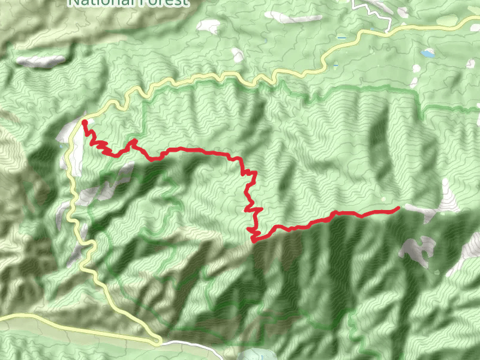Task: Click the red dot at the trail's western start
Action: click(85, 122)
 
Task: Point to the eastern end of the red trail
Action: click(398, 208)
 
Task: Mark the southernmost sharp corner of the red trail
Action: click(254, 240)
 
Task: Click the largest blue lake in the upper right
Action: click(428, 53)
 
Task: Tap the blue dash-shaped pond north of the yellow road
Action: click(341, 38)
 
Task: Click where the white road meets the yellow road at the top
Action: click(391, 30)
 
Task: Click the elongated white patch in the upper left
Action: click(41, 61)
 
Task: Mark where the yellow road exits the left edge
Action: click(1, 316)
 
